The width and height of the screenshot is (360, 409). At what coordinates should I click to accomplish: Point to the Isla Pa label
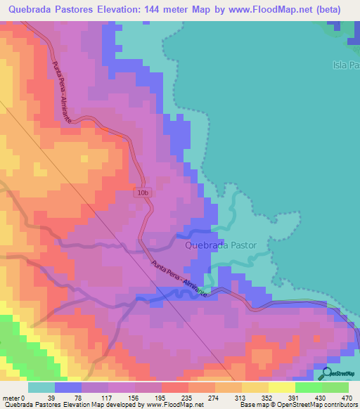[345, 65]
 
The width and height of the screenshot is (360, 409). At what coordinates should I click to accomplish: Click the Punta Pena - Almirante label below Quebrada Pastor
[179, 279]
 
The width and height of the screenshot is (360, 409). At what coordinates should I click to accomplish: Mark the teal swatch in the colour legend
[41, 387]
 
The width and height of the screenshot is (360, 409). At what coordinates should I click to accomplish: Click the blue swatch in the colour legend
[68, 387]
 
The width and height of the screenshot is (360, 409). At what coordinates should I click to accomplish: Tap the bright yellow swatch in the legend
[281, 387]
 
